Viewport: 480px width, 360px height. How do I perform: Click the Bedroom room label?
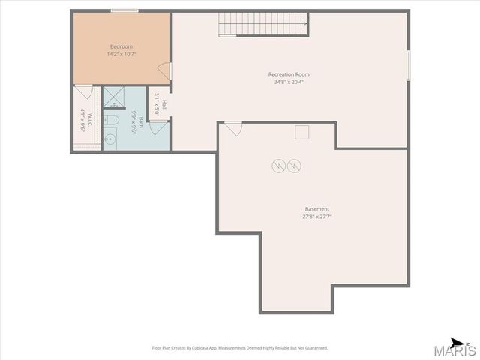121,46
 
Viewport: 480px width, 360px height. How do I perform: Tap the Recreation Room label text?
289,74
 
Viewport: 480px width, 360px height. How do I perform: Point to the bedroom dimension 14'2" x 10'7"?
121,54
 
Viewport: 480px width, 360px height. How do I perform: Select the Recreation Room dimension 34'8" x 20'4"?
289,82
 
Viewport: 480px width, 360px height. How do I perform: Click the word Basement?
316,209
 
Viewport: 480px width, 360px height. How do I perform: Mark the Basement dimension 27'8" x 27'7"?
316,217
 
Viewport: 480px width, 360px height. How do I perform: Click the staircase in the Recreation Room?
263,24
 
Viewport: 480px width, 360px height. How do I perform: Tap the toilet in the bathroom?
109,120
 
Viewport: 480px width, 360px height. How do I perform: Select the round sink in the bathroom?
109,138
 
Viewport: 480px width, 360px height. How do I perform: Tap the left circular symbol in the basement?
278,165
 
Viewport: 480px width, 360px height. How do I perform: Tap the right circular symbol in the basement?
294,165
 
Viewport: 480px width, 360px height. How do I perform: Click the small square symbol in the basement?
302,133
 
